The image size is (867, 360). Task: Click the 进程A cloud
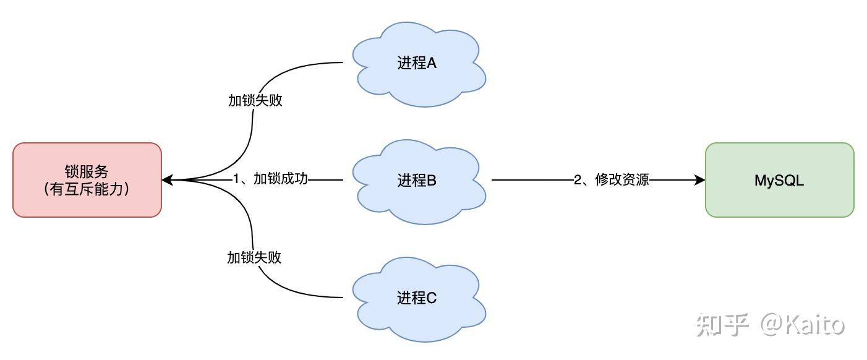pyautogui.click(x=418, y=63)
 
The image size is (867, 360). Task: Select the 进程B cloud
pyautogui.click(x=418, y=181)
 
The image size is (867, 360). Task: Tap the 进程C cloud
pyautogui.click(x=418, y=298)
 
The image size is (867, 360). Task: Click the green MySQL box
pyautogui.click(x=779, y=180)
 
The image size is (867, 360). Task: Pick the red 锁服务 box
pyautogui.click(x=87, y=180)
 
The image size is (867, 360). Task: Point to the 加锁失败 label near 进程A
pyautogui.click(x=255, y=101)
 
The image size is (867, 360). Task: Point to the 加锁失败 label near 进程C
pyautogui.click(x=254, y=257)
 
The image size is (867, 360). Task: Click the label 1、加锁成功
pyautogui.click(x=270, y=180)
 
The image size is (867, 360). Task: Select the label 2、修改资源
pyautogui.click(x=612, y=180)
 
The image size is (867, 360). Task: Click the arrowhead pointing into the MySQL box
pyautogui.click(x=700, y=180)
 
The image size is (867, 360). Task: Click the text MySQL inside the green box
pyautogui.click(x=779, y=181)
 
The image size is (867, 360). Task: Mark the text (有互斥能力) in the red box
pyautogui.click(x=87, y=189)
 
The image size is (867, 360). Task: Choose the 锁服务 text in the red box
pyautogui.click(x=87, y=171)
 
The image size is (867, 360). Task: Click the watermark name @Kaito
pyautogui.click(x=803, y=324)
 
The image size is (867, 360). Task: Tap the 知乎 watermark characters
pyautogui.click(x=722, y=324)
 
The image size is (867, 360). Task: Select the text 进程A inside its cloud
pyautogui.click(x=417, y=63)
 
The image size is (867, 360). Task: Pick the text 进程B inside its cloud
pyautogui.click(x=417, y=181)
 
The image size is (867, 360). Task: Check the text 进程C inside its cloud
pyautogui.click(x=417, y=298)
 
